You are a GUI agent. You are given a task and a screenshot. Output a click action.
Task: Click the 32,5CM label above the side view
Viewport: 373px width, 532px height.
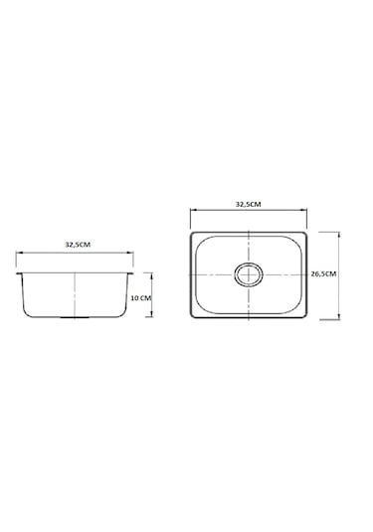pos(78,245)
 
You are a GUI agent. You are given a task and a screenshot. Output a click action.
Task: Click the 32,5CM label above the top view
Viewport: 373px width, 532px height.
pos(249,204)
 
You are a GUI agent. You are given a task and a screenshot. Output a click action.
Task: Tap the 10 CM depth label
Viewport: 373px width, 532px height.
pos(140,298)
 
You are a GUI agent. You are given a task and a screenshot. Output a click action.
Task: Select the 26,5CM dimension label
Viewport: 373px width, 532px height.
pos(323,273)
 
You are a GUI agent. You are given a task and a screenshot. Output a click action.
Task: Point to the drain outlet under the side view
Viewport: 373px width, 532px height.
pos(75,317)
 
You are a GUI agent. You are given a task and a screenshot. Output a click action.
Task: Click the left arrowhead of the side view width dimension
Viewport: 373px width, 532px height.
pos(18,253)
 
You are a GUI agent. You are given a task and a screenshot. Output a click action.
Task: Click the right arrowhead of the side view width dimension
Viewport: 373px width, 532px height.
pos(130,253)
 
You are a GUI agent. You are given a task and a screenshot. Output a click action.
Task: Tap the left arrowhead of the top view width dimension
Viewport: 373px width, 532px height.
pos(193,210)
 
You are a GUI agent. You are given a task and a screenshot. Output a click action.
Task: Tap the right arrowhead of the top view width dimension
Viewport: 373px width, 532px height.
pos(304,210)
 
